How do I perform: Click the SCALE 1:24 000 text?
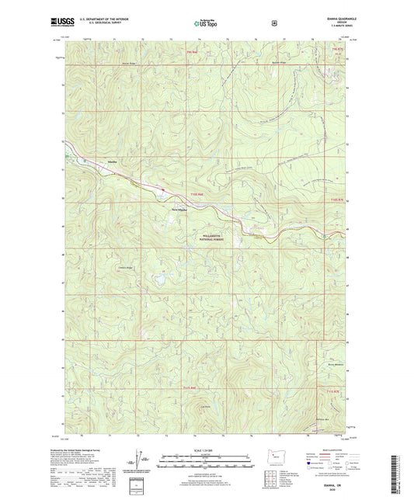tap(205, 452)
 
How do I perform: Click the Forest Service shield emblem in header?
tap(273, 23)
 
